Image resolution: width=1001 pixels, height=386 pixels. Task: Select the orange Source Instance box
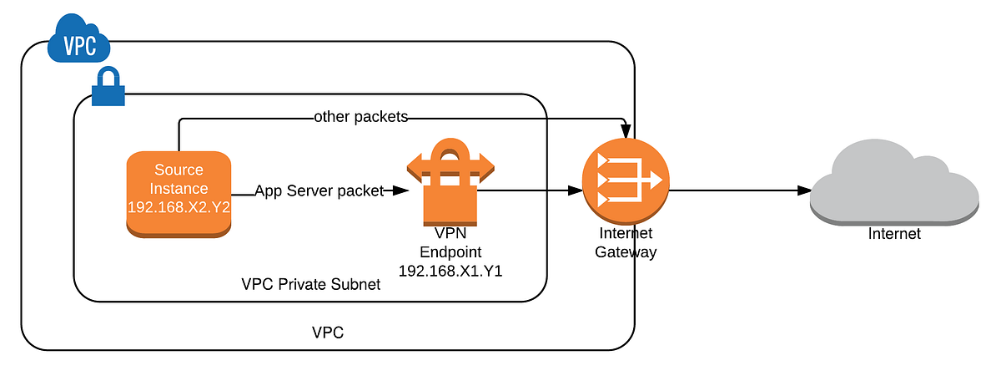[179, 193]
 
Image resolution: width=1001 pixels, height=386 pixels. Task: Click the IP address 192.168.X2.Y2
[179, 206]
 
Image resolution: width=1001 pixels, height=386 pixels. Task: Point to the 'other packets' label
[360, 117]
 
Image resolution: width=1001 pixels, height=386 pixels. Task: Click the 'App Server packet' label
[319, 190]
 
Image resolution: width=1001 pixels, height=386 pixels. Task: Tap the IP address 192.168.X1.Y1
[450, 271]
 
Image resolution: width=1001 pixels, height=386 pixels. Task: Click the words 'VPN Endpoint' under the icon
[450, 243]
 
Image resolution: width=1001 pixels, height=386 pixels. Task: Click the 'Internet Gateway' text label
[626, 242]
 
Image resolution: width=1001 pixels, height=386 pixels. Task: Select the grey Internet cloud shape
[893, 184]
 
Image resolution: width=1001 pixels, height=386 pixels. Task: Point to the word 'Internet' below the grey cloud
[894, 234]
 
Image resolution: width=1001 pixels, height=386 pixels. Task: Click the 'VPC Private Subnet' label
[310, 284]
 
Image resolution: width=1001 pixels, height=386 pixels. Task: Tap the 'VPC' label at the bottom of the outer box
[328, 333]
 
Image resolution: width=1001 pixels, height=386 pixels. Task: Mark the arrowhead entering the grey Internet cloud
[804, 191]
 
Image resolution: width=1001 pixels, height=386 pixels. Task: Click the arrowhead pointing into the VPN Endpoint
[400, 190]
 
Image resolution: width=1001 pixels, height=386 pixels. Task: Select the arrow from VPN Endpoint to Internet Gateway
[530, 190]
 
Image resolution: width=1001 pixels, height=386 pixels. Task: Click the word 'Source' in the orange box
[179, 170]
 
